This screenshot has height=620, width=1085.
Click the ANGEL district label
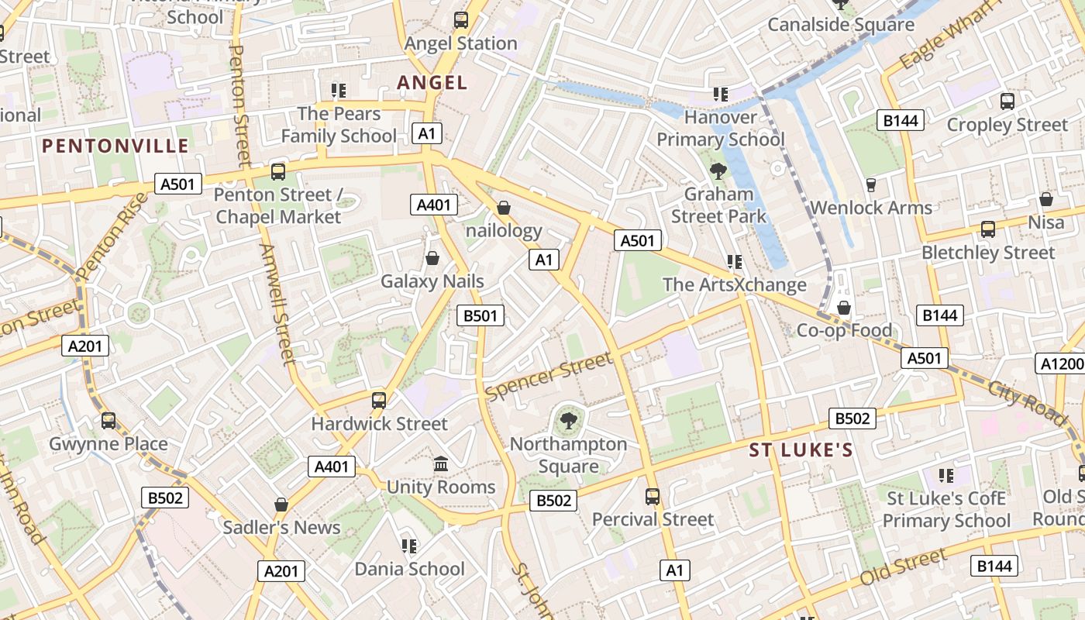pos(432,82)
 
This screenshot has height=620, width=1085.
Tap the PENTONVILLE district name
pos(115,146)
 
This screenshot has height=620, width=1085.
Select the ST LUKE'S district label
pos(801,450)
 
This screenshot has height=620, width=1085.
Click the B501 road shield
pos(480,315)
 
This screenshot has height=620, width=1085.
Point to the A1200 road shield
pos(1059,363)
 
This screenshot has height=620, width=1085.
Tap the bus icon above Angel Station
pos(461,20)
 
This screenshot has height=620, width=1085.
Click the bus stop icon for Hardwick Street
pos(379,401)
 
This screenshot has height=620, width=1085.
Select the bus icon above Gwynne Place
pos(108,421)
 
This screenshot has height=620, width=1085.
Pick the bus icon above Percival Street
pos(653,496)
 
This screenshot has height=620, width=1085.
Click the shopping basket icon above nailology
pos(504,208)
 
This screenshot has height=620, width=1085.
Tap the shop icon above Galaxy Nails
pos(432,258)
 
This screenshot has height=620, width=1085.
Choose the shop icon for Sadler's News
pos(281,505)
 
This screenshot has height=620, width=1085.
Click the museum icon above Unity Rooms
pos(441,463)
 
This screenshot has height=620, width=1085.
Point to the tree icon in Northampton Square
pos(568,421)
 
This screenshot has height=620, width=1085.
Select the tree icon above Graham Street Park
pos(718,170)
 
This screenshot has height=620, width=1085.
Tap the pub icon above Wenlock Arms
pos(871,184)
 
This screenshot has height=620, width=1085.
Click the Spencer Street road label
pos(549,377)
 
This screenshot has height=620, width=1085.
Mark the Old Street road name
pos(904,567)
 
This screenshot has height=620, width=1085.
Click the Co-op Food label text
pos(844,331)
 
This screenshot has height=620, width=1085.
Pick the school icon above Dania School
pos(409,546)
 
